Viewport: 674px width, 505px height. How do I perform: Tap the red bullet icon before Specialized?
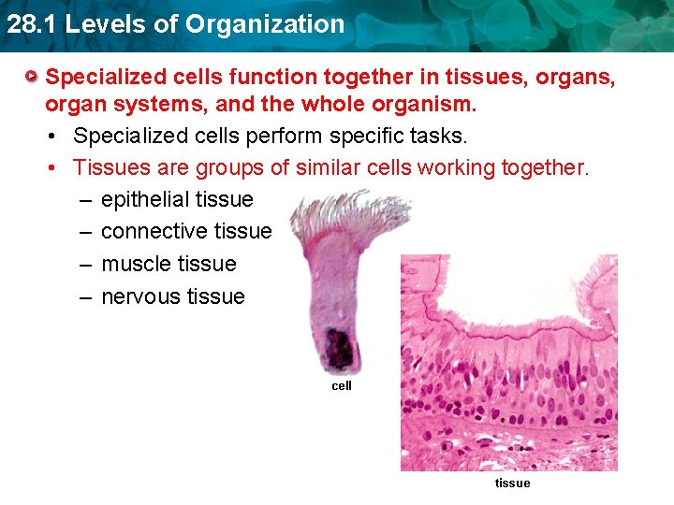[x=33, y=74]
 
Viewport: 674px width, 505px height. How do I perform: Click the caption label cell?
[x=342, y=385]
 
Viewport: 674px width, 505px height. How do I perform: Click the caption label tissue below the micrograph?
[x=512, y=483]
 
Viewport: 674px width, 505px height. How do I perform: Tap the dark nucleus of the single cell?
[x=339, y=348]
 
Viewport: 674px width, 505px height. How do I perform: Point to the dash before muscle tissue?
[x=85, y=264]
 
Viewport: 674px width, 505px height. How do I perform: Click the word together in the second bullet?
[x=540, y=167]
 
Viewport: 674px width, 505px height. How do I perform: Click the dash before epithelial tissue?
[x=85, y=199]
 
